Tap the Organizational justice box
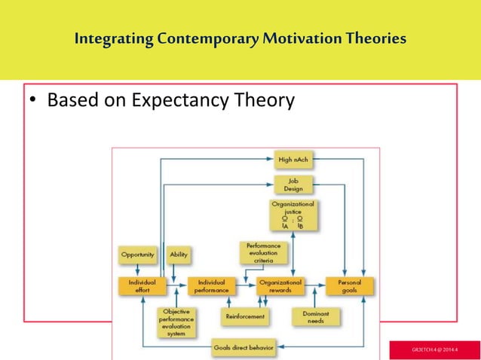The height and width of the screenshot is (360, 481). click(x=294, y=214)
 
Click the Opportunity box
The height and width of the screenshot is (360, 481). click(x=139, y=255)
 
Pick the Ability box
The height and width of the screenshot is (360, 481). click(x=179, y=255)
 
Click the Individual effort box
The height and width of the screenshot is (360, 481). click(x=138, y=286)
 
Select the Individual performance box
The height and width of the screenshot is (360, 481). click(x=211, y=286)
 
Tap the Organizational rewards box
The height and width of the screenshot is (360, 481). click(x=280, y=286)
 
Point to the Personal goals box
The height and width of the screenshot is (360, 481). click(x=350, y=286)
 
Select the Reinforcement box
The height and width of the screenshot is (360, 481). click(x=245, y=317)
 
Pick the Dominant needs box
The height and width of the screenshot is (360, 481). click(x=314, y=316)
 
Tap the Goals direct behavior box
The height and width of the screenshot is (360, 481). click(x=243, y=349)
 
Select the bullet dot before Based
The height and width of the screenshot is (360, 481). click(x=34, y=101)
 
